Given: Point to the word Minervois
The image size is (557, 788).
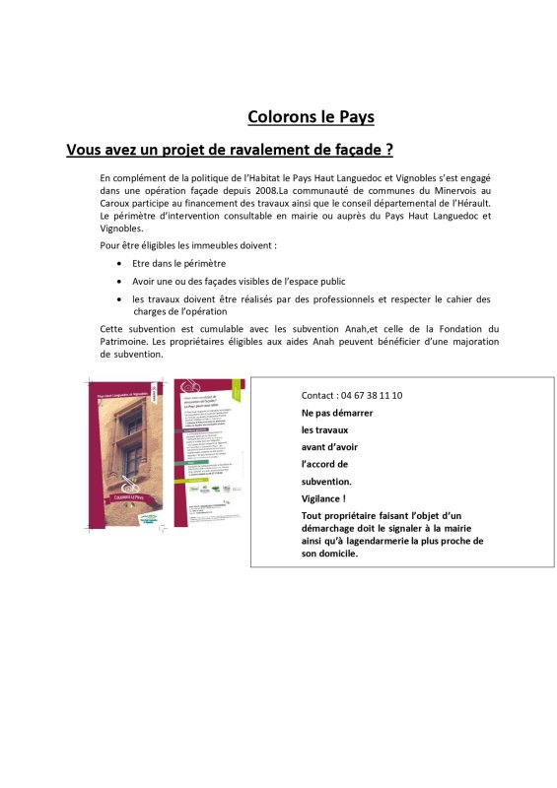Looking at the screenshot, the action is [448, 189].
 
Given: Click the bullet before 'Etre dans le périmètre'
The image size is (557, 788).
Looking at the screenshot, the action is [119, 263].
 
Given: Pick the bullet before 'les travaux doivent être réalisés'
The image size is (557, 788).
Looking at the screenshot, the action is [119, 298].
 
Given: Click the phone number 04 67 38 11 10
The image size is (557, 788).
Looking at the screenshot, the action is [371, 395].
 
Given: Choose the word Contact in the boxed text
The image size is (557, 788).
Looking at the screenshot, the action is [318, 395].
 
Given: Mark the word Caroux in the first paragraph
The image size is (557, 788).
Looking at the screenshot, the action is [119, 202].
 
